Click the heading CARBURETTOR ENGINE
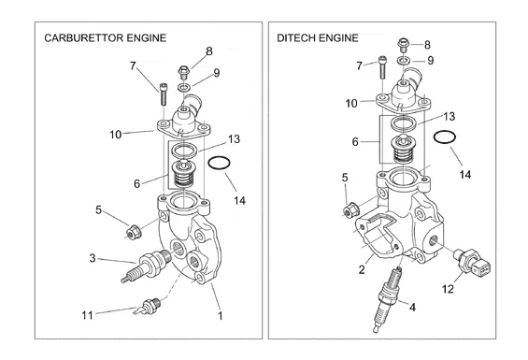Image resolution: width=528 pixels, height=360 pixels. click(106, 37)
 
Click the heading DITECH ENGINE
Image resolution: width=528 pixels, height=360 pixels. click(318, 37)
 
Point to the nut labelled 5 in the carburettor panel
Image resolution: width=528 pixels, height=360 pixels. click(133, 232)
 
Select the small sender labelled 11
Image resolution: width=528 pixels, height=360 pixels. click(148, 307)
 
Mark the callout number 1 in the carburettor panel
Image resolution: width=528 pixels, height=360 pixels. click(221, 316)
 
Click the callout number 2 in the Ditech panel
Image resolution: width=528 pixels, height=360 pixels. click(362, 269)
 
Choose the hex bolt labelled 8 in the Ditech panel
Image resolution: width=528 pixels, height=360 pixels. click(403, 44)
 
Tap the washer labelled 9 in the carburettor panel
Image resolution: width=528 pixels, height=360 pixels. click(184, 88)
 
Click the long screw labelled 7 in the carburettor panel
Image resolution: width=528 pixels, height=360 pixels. click(163, 94)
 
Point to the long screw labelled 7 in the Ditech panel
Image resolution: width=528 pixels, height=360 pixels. click(382, 67)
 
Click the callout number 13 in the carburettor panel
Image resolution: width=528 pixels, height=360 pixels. click(234, 139)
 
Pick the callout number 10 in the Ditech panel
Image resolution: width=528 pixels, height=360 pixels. click(351, 103)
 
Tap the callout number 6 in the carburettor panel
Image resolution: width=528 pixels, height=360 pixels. click(136, 183)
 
